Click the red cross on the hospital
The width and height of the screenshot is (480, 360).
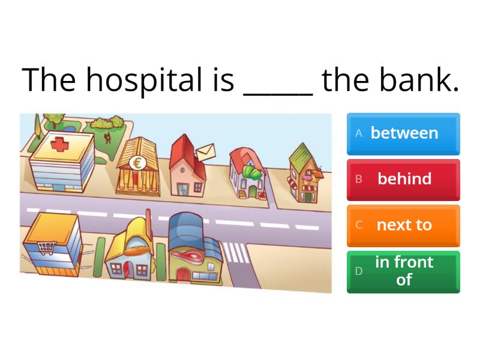59,144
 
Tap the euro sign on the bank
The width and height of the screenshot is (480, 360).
136,162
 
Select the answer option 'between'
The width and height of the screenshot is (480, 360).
404,133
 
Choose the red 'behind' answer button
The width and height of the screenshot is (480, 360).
404,179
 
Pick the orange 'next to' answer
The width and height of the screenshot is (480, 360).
404,225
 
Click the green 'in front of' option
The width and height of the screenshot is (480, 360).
404,271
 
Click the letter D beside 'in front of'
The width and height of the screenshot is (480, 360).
359,271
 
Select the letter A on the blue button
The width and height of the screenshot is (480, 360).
359,134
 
